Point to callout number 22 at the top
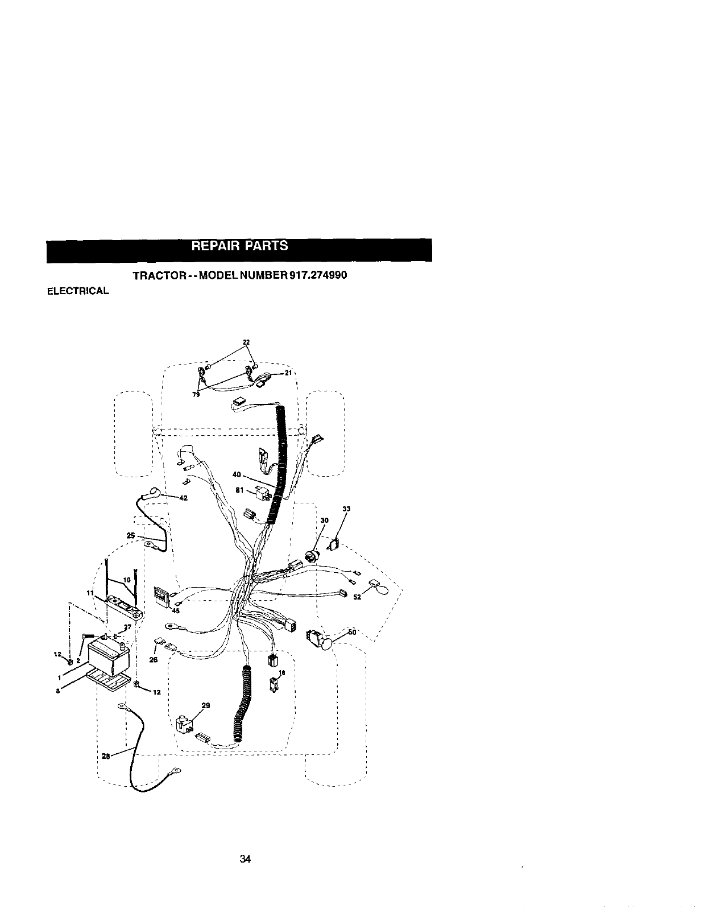click(246, 342)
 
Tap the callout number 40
click(237, 474)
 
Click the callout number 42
click(183, 498)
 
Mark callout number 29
click(206, 705)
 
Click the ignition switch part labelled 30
click(312, 555)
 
